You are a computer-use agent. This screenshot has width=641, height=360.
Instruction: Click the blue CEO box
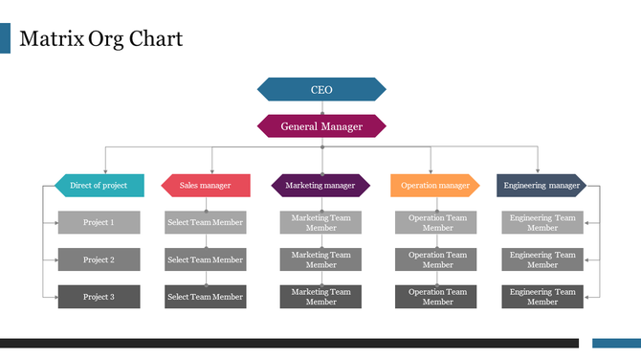(x=321, y=89)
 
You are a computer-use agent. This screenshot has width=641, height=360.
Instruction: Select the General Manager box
(x=321, y=126)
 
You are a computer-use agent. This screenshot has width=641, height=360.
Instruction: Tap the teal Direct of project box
(x=99, y=185)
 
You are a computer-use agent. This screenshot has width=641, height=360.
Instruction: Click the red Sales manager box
(x=206, y=185)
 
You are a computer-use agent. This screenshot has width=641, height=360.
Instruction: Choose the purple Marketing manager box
(x=320, y=185)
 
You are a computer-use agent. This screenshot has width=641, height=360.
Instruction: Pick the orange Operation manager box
(x=435, y=185)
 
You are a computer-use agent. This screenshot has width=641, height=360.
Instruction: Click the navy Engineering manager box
(x=542, y=185)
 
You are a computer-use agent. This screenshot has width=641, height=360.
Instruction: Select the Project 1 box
(x=99, y=222)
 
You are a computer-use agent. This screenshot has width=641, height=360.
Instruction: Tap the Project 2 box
(x=99, y=259)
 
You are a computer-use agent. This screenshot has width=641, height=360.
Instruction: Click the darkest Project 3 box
(x=99, y=297)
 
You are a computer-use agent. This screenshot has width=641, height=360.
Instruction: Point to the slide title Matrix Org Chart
(x=100, y=39)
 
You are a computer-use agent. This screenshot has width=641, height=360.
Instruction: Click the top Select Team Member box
(x=206, y=222)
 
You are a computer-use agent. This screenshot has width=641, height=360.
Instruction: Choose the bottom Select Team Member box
(x=206, y=297)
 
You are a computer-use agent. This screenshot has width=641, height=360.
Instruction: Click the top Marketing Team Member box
(x=321, y=222)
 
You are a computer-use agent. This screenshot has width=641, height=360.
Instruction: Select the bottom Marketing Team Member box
(x=321, y=297)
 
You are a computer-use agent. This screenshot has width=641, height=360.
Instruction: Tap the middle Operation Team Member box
(x=437, y=259)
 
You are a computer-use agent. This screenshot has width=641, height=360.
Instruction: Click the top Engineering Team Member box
(x=542, y=222)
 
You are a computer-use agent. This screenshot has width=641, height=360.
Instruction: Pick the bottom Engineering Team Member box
(x=542, y=297)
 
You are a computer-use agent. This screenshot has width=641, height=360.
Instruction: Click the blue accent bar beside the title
(x=5, y=39)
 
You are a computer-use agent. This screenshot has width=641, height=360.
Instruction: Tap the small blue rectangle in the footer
(x=616, y=343)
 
